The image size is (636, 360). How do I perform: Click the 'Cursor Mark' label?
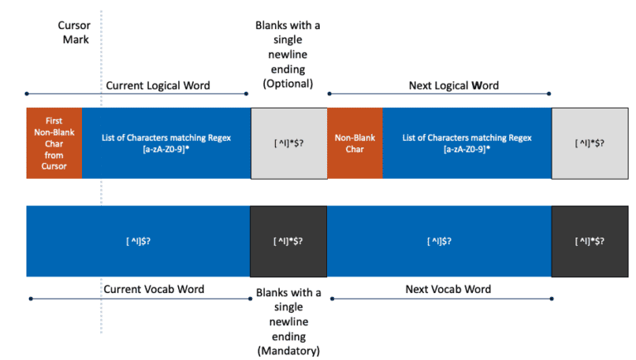tap(73, 32)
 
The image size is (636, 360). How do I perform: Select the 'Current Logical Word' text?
tap(157, 85)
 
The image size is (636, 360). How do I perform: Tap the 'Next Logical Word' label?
tap(454, 85)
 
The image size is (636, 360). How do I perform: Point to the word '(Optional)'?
tap(287, 84)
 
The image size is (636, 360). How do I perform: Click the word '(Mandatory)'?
tap(287, 351)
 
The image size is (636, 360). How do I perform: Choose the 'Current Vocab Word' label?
tap(153, 289)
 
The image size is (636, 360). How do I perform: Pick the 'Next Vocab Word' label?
tap(448, 289)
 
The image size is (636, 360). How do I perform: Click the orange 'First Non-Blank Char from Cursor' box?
tap(55, 142)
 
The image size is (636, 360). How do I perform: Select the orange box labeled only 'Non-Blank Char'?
tap(354, 142)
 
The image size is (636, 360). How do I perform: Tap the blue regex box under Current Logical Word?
tap(166, 142)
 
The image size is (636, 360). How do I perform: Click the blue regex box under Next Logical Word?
tap(467, 142)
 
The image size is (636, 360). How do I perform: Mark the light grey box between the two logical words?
tap(289, 142)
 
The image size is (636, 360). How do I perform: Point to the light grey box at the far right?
tap(590, 142)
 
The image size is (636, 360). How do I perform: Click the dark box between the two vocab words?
tap(289, 241)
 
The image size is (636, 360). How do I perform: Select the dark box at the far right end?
tap(590, 241)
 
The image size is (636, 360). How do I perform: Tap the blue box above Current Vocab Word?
tap(138, 241)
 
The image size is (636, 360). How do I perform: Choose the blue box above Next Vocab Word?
tap(440, 241)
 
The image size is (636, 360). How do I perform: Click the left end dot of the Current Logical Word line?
tap(28, 94)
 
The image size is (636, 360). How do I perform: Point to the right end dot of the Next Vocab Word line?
tap(552, 298)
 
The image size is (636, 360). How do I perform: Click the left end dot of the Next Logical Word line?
tap(329, 94)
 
